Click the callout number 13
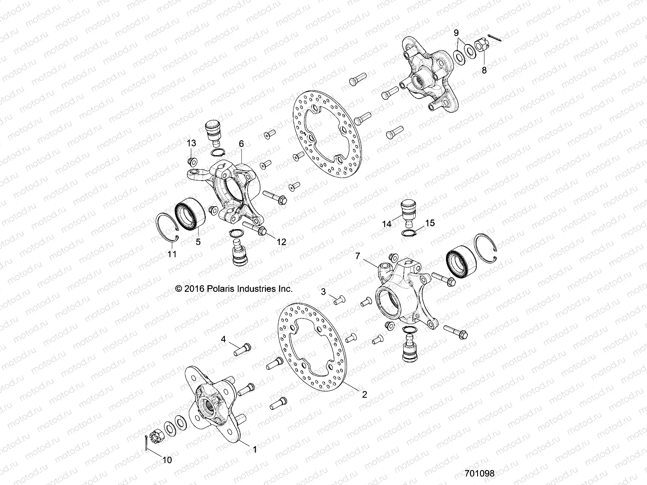coord(191,143)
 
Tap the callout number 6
coord(241,143)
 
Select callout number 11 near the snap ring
coord(172,254)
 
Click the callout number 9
coord(456,32)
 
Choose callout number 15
coord(430,223)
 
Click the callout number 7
coord(357,256)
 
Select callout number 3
coord(323,291)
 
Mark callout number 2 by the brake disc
coord(364,394)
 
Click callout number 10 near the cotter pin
coord(167,460)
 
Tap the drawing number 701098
coord(480,473)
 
